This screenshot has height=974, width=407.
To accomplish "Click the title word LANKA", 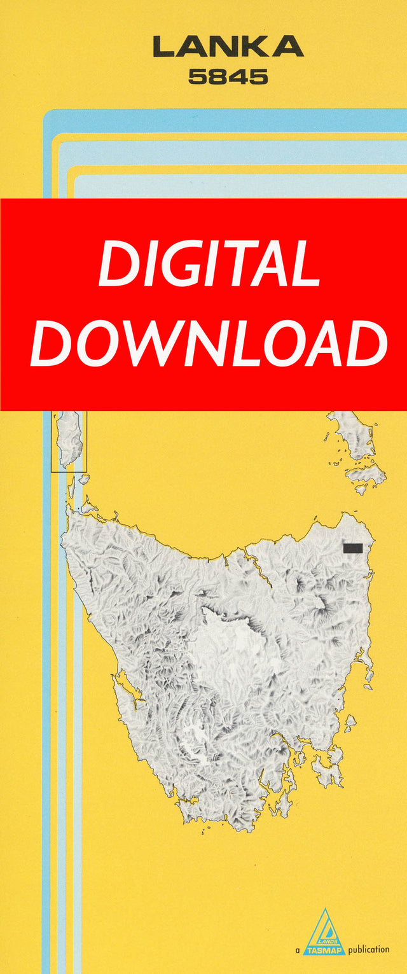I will (x=228, y=47).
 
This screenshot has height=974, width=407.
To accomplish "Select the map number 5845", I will (x=228, y=77).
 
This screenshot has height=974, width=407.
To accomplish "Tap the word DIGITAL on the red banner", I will (x=209, y=263).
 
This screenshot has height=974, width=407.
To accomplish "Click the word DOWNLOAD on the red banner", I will (x=209, y=344).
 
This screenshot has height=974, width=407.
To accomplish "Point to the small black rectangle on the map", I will (x=352, y=548).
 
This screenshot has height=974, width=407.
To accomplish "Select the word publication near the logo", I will (x=369, y=949).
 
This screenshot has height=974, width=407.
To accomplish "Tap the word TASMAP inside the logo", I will (x=324, y=949).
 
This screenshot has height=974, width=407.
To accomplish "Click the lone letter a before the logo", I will (x=297, y=950).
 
